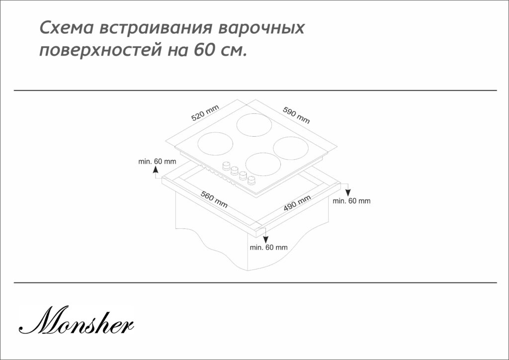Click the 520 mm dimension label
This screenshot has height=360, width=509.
pyautogui.click(x=205, y=113)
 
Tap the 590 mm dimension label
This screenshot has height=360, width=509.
pyautogui.click(x=296, y=115)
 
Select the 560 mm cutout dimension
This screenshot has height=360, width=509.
pyautogui.click(x=214, y=199)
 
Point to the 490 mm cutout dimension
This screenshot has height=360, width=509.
pyautogui.click(x=297, y=203)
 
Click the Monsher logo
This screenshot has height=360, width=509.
pyautogui.click(x=76, y=320)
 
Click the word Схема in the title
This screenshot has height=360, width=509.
pyautogui.click(x=67, y=28)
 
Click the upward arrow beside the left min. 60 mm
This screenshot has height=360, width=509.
pyautogui.click(x=156, y=172)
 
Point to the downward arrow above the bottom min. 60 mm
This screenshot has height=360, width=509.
pyautogui.click(x=265, y=235)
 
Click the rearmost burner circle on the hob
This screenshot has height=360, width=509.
pyautogui.click(x=254, y=125)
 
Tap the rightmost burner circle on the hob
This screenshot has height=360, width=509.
pyautogui.click(x=291, y=148)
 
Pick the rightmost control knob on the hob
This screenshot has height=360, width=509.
pyautogui.click(x=251, y=180)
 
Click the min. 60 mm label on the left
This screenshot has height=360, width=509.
pyautogui.click(x=157, y=161)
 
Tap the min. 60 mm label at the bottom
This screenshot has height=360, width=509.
pyautogui.click(x=268, y=247)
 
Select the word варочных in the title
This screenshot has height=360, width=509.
pyautogui.click(x=261, y=28)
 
